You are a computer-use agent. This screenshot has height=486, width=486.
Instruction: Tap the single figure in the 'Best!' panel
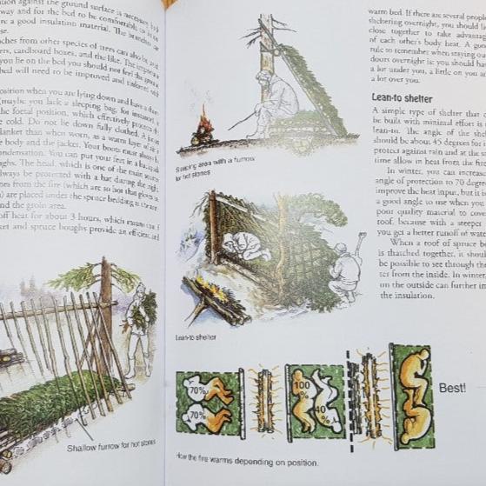[x=412, y=396]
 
